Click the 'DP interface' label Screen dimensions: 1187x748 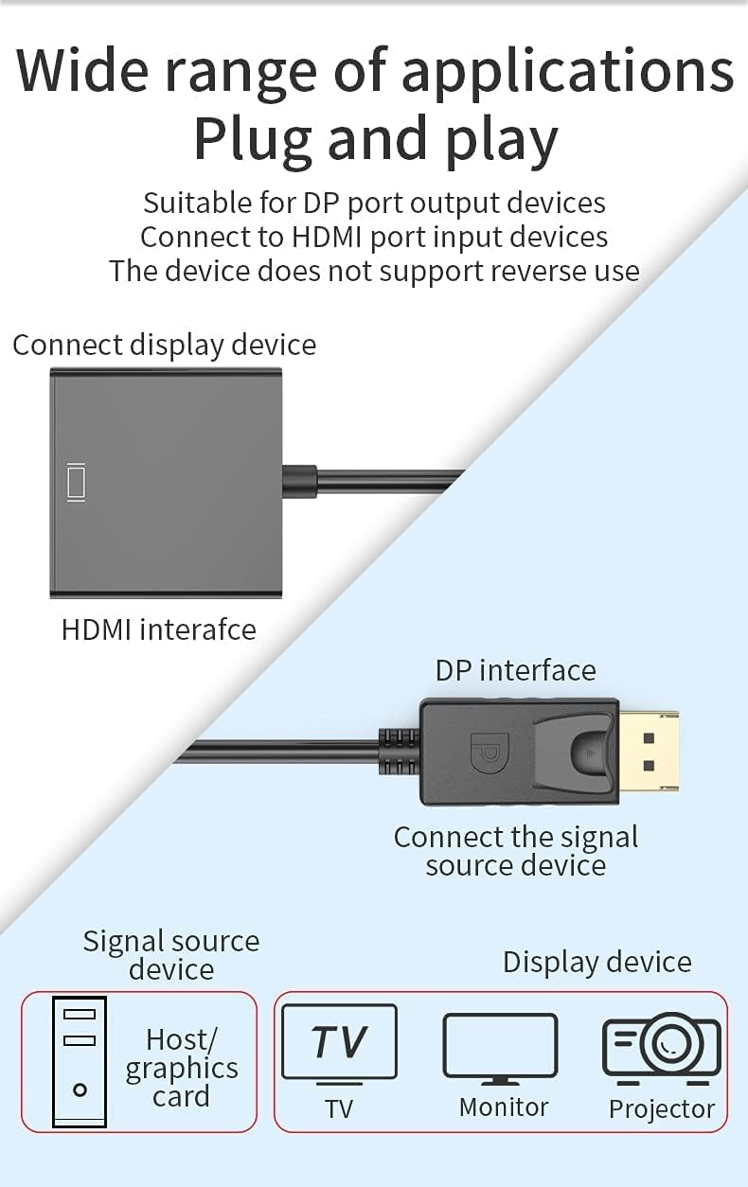tap(515, 670)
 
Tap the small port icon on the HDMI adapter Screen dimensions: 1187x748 tap(76, 483)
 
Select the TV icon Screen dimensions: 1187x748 tap(339, 1043)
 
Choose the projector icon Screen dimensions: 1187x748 tap(662, 1049)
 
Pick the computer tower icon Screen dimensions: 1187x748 tap(80, 1061)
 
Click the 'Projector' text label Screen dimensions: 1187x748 tap(662, 1108)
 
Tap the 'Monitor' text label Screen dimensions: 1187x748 tap(504, 1107)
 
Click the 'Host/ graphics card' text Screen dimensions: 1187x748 tap(181, 1068)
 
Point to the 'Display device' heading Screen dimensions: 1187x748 tap(597, 962)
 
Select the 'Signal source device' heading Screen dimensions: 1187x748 tap(170, 954)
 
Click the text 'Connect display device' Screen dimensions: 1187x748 tap(164, 345)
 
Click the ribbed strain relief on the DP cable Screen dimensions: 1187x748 tap(399, 752)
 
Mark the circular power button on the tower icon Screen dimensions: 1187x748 tap(80, 1090)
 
